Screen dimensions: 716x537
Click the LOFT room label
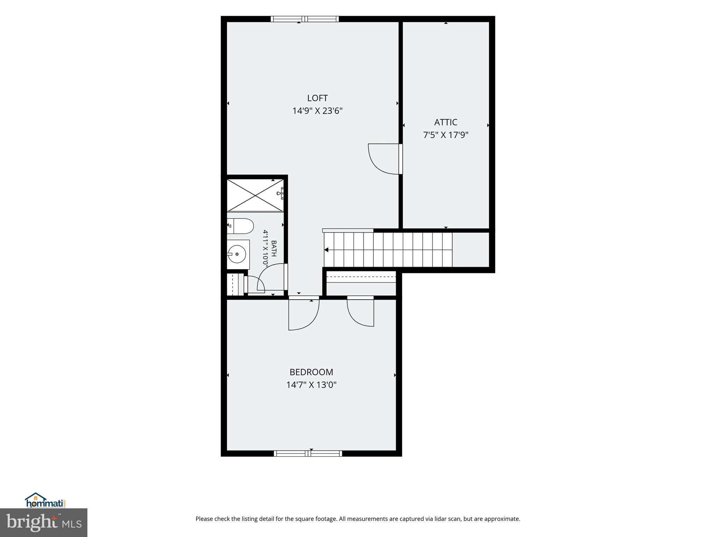click(317, 98)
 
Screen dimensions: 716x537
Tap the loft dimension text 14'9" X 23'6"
click(317, 111)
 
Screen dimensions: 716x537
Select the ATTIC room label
click(446, 122)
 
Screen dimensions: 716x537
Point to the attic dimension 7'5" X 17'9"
click(446, 135)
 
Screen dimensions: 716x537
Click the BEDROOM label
click(311, 372)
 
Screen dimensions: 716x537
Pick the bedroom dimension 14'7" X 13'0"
click(311, 385)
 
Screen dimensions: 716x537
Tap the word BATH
click(274, 248)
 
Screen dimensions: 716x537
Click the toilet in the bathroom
click(240, 226)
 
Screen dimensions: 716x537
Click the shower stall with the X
click(255, 195)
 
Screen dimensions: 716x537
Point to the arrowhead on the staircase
click(327, 250)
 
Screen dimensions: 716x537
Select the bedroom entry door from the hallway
click(304, 313)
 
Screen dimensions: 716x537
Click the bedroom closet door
click(360, 312)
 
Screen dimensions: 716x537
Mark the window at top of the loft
click(305, 19)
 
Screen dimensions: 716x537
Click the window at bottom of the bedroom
click(308, 453)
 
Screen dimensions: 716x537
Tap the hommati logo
click(45, 500)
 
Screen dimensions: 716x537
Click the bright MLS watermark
click(44, 523)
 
